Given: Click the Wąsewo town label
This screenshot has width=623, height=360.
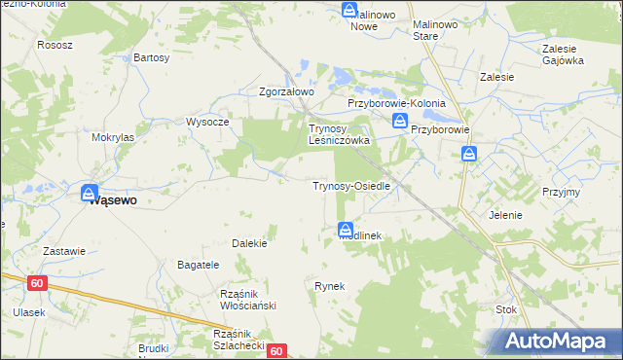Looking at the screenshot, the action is point(113,200).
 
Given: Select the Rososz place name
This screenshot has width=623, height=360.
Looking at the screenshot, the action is point(55,45).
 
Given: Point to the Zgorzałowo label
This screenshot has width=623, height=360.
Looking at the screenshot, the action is point(286,92).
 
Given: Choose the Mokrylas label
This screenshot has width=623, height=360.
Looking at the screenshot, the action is point(113,138).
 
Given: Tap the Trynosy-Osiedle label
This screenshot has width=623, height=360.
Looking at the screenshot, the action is point(350,185).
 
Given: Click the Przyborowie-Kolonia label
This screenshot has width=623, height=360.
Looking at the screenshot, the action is point(396,103).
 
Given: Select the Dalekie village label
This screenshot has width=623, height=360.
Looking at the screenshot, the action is point(249,243).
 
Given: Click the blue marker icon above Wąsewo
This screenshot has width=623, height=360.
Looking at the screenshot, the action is point(90,193).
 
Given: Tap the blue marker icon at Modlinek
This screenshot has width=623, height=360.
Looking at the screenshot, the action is point(346,230).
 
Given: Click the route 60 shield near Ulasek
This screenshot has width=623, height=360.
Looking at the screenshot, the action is point(37,282).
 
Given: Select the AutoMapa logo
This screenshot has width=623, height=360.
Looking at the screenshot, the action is point(559,341).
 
